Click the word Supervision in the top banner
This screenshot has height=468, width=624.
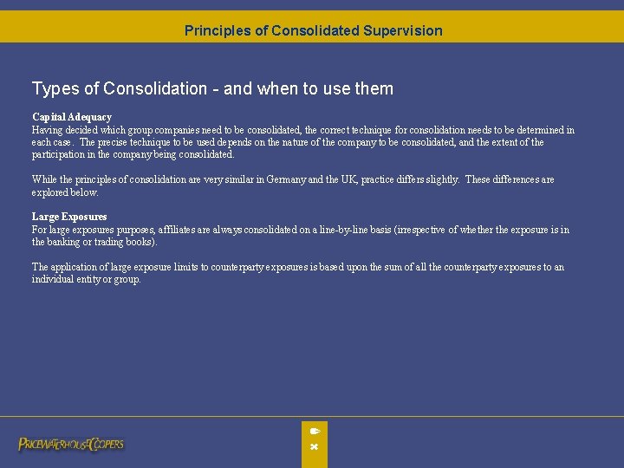pos(402,30)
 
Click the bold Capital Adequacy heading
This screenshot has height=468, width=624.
pos(72,117)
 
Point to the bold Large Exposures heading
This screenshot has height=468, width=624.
pos(69,217)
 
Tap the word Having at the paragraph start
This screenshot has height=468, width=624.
pos(49,130)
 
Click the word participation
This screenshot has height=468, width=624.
pos(59,154)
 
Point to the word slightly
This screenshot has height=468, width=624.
pos(441,179)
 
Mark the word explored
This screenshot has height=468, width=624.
pos(52,192)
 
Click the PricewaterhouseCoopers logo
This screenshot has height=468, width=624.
pos(71,444)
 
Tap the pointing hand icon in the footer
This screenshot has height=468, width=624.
pos(315,431)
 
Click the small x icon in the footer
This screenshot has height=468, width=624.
pos(315,447)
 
